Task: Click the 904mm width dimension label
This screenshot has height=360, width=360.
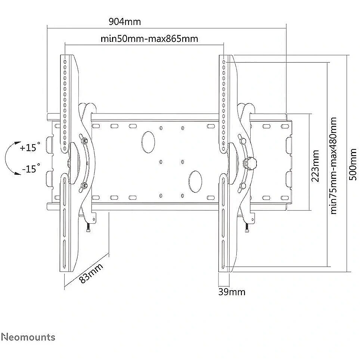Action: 125,22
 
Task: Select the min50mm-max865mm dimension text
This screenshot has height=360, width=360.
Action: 149,38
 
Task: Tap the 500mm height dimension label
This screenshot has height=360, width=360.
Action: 353,164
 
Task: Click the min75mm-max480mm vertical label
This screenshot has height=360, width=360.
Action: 333,166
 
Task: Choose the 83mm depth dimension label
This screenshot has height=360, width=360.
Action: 91,273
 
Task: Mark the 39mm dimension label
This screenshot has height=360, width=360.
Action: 232,292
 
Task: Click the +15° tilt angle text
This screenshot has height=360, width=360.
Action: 30,147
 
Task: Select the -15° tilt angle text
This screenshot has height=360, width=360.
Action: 31,168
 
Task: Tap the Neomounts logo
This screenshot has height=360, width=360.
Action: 28,337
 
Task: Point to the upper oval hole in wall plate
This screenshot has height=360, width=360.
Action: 148,142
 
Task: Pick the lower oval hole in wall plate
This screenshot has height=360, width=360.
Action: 195,181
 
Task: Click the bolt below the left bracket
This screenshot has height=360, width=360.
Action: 88,228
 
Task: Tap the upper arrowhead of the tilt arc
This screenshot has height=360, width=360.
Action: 17,143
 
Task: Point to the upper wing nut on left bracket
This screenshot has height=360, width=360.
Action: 84,140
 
